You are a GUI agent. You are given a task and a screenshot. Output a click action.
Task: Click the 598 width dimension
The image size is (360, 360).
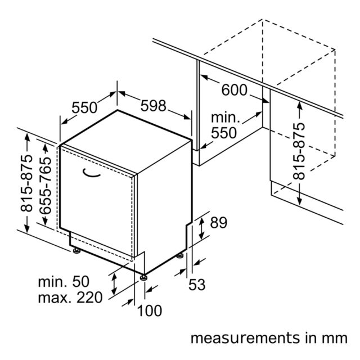(153, 106)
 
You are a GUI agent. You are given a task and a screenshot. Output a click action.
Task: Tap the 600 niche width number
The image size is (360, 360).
(234, 90)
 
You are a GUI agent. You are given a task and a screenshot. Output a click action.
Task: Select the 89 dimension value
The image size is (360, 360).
(219, 223)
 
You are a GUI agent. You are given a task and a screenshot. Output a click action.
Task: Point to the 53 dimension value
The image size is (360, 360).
(197, 285)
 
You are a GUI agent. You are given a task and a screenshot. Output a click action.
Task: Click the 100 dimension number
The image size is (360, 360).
(150, 311)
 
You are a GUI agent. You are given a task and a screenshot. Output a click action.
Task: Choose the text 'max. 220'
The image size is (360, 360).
(70, 298)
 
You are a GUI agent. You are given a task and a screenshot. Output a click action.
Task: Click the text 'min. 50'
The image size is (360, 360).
(64, 281)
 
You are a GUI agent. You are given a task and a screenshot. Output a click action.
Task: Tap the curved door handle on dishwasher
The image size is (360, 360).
(91, 173)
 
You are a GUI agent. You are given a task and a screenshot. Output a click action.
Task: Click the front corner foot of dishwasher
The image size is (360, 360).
(144, 277)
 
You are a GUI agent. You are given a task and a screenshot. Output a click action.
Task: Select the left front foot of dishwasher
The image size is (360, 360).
(76, 250)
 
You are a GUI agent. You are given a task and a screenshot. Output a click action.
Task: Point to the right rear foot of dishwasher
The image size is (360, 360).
(180, 255)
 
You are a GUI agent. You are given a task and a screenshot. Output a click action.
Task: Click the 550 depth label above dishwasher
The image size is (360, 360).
(84, 107)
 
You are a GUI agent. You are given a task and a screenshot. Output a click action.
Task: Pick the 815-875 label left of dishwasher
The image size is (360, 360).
(26, 183)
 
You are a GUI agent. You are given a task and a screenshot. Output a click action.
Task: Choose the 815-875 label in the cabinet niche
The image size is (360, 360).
(299, 151)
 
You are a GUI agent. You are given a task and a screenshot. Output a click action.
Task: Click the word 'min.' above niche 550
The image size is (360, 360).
(226, 118)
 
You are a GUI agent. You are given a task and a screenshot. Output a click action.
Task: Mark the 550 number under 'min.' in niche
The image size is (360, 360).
(224, 133)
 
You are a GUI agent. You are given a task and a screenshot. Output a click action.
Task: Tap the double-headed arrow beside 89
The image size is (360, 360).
(201, 229)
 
